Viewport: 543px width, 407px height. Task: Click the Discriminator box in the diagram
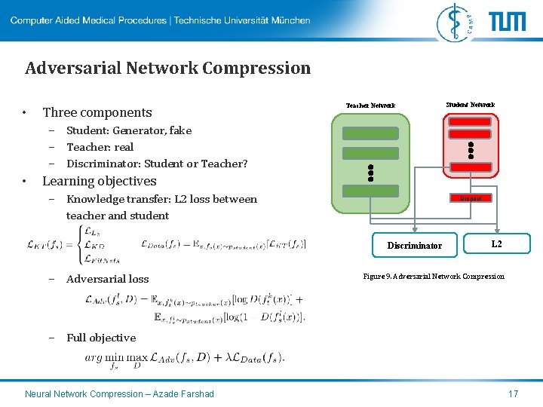click(414, 245)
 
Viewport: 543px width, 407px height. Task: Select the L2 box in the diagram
click(496, 244)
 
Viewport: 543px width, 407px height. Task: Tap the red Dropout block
click(471, 197)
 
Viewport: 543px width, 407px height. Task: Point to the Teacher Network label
click(370, 106)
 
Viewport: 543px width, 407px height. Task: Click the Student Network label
click(470, 104)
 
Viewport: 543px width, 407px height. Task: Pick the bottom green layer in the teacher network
click(370, 191)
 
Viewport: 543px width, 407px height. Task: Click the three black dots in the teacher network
click(370, 173)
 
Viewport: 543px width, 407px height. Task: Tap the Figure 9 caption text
click(434, 277)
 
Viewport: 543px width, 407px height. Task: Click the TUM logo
click(507, 21)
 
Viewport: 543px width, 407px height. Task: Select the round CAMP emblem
click(456, 21)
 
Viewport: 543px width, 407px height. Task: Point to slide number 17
click(514, 393)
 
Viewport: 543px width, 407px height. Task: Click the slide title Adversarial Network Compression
click(167, 68)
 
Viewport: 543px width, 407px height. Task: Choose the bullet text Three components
click(97, 112)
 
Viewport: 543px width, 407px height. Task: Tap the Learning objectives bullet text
click(100, 181)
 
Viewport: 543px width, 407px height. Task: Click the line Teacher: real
click(100, 147)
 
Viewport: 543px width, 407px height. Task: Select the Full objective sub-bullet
click(101, 338)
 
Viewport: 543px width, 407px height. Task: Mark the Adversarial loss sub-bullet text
click(108, 279)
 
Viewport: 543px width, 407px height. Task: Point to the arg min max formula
click(184, 359)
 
